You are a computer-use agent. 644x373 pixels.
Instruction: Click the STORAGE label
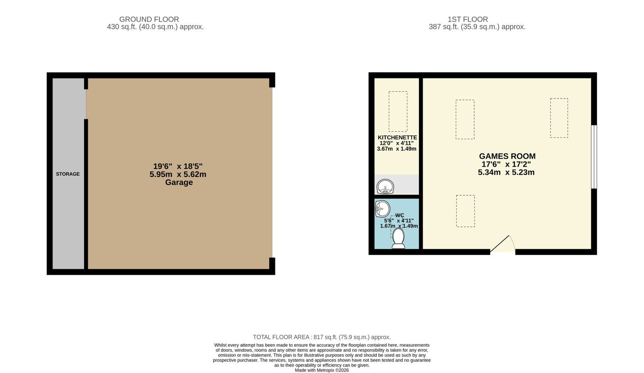click(x=68, y=174)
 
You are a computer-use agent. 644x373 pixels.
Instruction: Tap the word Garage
click(x=179, y=182)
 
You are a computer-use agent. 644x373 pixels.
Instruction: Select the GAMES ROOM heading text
click(x=507, y=156)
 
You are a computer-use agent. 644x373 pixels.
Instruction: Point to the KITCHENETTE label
click(x=397, y=137)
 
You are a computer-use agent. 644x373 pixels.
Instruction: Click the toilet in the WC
click(x=398, y=238)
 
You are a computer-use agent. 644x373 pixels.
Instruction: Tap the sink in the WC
click(x=382, y=209)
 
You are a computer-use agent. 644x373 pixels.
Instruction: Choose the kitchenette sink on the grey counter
click(x=385, y=186)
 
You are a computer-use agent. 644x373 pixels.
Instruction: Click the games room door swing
click(x=503, y=244)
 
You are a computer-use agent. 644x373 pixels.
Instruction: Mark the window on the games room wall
click(x=594, y=157)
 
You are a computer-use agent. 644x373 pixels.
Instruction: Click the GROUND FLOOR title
click(x=149, y=19)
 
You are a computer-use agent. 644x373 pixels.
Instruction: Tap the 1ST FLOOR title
click(x=467, y=19)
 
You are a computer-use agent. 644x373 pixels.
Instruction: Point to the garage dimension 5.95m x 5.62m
click(x=178, y=174)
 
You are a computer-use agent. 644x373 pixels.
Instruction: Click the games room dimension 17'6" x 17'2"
click(x=506, y=164)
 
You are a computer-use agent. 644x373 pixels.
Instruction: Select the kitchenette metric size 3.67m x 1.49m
click(x=396, y=149)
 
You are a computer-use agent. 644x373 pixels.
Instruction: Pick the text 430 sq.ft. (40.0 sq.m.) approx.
click(x=155, y=27)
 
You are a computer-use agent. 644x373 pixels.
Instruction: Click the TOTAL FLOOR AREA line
click(x=322, y=337)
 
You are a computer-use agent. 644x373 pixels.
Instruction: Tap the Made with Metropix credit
click(x=322, y=371)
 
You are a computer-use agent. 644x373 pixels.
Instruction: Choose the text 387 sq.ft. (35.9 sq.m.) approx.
click(x=477, y=27)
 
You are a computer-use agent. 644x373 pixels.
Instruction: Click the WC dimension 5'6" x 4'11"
click(x=399, y=221)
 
